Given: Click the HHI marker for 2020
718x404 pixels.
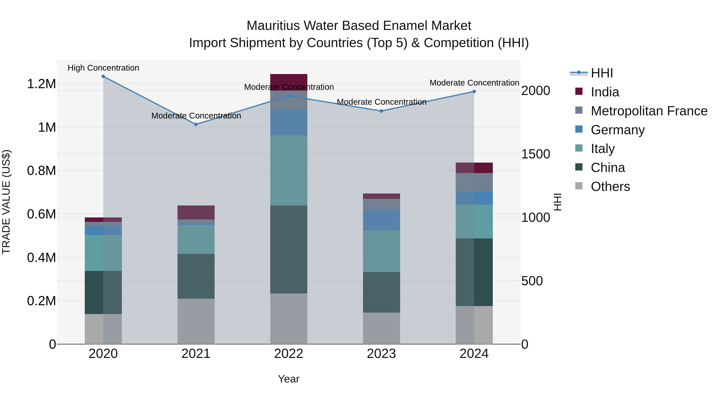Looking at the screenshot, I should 103,76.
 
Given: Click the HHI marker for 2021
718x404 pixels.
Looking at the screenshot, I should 196,124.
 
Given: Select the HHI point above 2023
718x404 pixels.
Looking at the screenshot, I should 381,111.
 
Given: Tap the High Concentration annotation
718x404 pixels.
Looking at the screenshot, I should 103,68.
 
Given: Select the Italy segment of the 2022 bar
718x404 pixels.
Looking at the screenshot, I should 289,170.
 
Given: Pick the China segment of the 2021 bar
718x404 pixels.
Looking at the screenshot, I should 196,276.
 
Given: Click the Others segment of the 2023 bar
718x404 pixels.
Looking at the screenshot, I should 381,328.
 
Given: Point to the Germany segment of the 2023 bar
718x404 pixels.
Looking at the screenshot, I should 381,220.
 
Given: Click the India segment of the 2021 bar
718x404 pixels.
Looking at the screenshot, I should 196,212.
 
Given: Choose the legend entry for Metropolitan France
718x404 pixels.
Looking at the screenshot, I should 649,111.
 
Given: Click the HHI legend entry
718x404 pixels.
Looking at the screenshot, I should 602,73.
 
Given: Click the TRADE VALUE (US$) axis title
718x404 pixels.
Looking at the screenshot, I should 6,202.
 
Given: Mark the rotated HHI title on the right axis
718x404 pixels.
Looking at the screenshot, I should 557,202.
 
